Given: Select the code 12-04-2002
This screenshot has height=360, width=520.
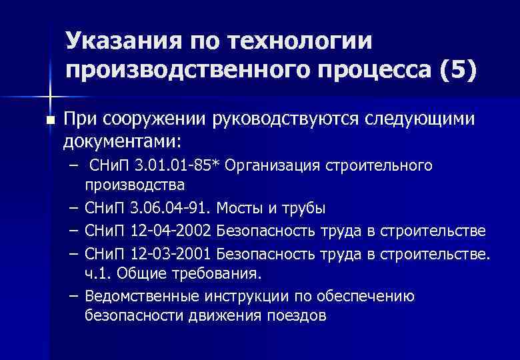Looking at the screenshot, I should click(x=172, y=231).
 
